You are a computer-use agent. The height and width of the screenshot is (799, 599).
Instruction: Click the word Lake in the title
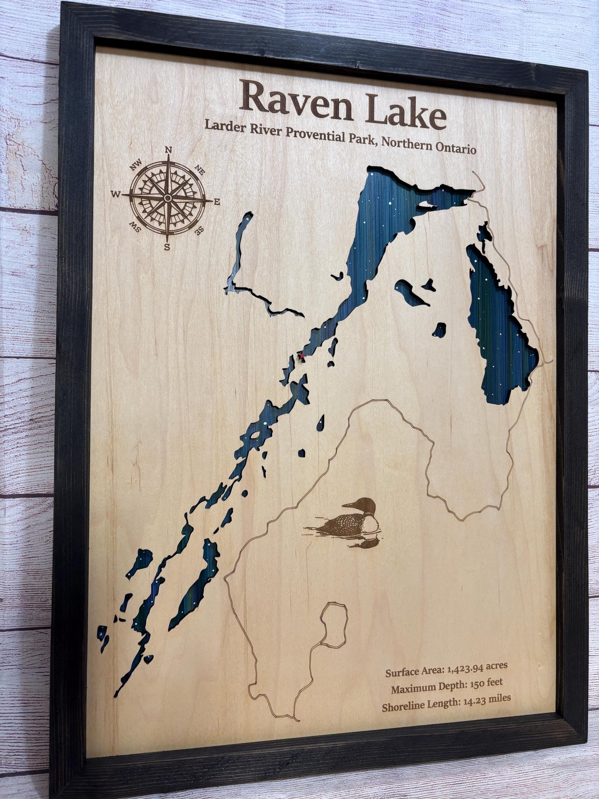(401, 110)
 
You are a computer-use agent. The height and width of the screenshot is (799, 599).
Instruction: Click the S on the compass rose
(167, 248)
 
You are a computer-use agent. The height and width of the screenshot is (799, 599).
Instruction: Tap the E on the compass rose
(216, 202)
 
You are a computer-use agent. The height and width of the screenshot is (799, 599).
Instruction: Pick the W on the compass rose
(116, 194)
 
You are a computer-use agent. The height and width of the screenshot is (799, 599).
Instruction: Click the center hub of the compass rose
(167, 199)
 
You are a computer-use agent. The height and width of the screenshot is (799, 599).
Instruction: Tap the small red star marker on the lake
(302, 355)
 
